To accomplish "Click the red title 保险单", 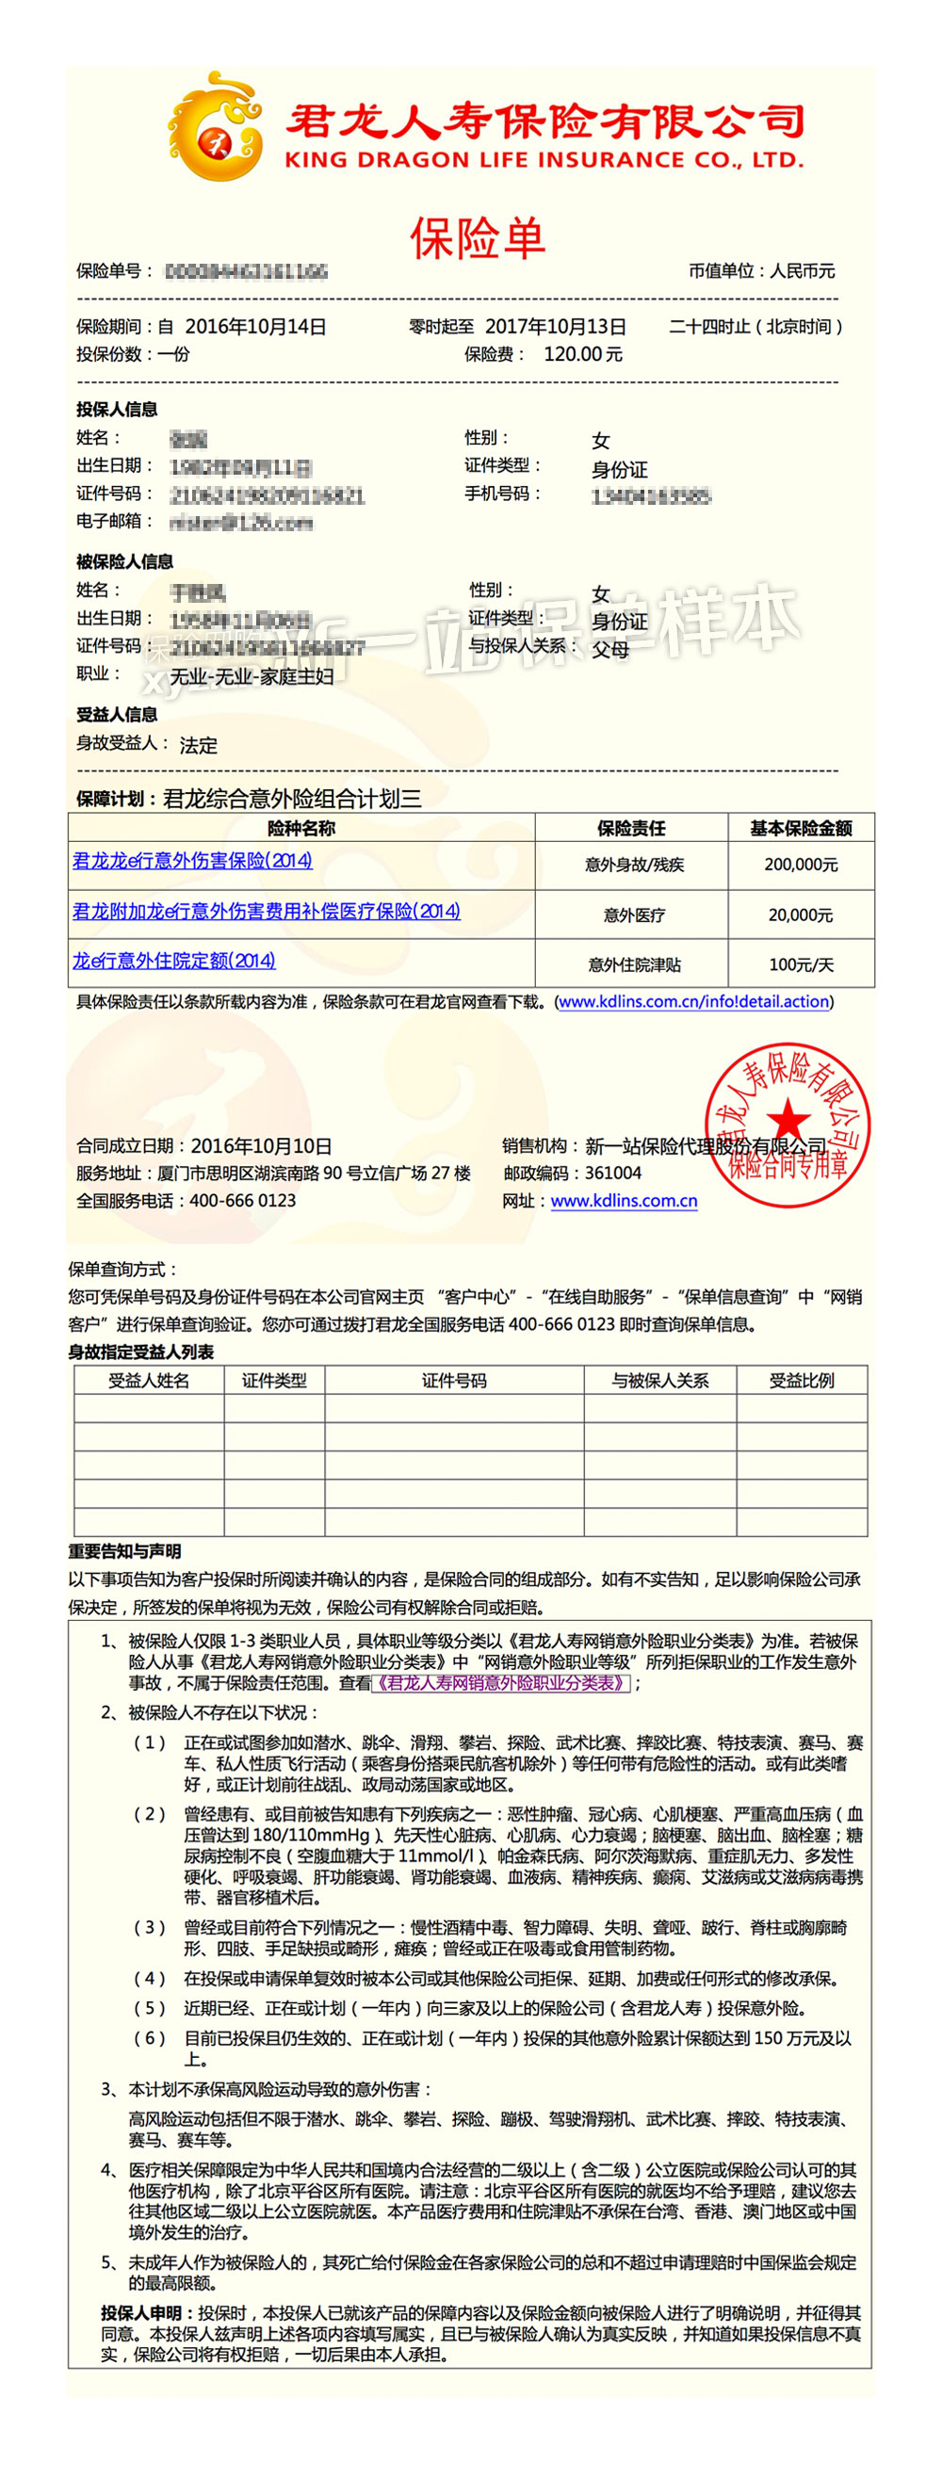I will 479,237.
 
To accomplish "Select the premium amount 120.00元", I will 583,354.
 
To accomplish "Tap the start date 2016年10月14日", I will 255,326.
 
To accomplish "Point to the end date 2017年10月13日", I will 555,326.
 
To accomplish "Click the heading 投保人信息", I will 118,410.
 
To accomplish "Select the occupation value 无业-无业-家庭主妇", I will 252,676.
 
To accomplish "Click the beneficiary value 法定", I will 198,746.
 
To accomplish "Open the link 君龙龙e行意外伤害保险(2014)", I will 192,861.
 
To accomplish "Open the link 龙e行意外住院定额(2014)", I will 174,961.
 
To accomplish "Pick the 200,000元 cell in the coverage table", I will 801,865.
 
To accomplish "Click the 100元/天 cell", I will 801,964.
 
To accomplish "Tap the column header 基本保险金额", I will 801,828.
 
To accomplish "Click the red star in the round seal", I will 788,1122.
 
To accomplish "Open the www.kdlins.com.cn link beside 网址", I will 624,1201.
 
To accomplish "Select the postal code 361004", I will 613,1173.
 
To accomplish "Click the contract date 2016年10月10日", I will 261,1145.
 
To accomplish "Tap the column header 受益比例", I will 802,1381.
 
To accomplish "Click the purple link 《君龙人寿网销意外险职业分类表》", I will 500,1682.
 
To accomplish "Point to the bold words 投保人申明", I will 141,2312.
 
